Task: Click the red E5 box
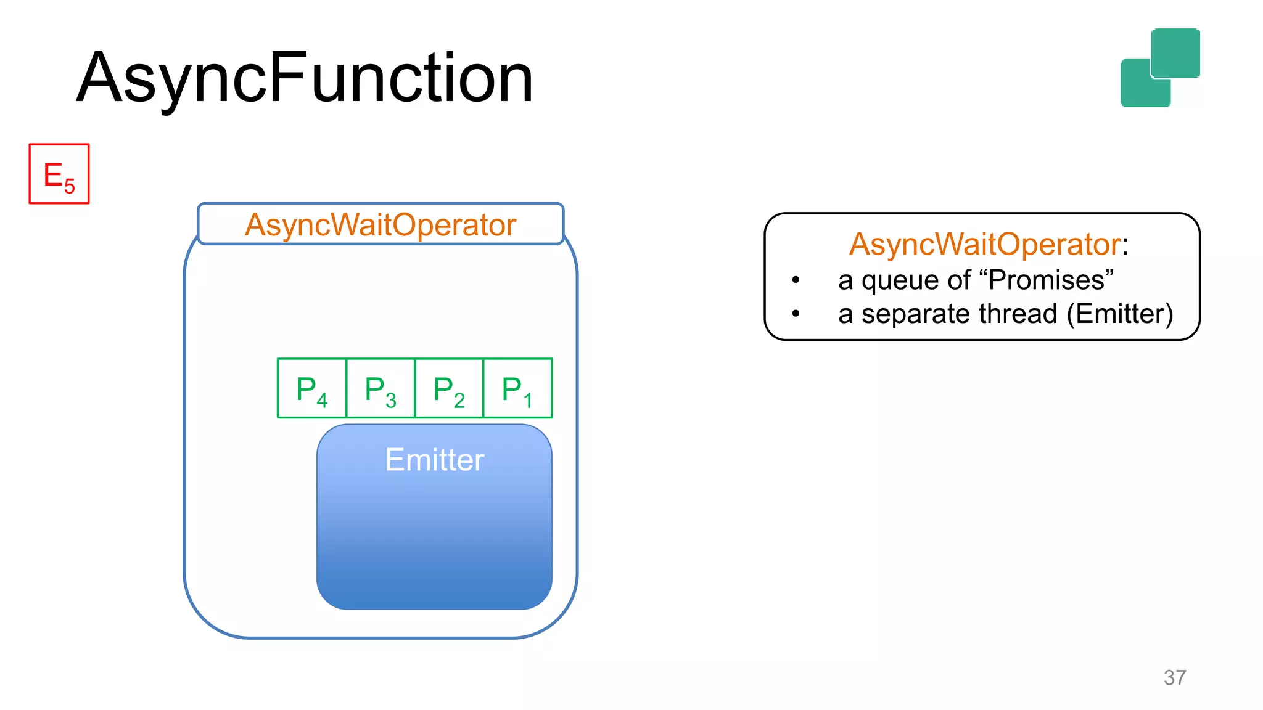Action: tap(59, 174)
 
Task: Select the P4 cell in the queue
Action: tap(312, 388)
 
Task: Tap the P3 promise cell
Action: tap(381, 388)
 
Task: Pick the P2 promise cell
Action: tap(449, 388)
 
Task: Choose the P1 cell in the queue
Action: tap(517, 388)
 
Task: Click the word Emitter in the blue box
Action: tap(435, 460)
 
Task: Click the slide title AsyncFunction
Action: tap(305, 78)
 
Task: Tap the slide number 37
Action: tap(1175, 677)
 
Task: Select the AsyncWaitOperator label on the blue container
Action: tap(380, 224)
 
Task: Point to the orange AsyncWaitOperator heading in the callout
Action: tap(984, 244)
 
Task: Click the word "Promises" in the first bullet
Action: tap(1050, 280)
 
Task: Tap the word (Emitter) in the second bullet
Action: tap(1120, 314)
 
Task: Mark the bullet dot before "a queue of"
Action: tap(796, 280)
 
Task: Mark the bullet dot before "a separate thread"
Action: tap(796, 314)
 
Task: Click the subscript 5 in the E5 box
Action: tap(70, 186)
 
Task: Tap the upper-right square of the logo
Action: tap(1175, 52)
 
